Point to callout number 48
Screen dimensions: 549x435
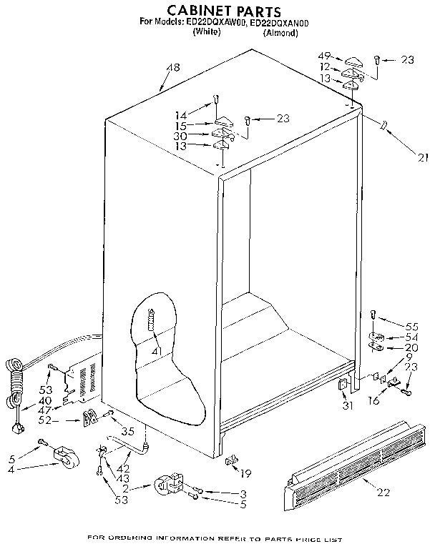[x=172, y=68]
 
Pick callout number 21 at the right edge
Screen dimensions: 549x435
[x=425, y=158]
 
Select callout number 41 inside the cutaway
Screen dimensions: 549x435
[x=156, y=350]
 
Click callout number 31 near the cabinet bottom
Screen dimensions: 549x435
[x=348, y=407]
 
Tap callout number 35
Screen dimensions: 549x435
[x=128, y=432]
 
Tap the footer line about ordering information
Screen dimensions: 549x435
[x=215, y=538]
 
